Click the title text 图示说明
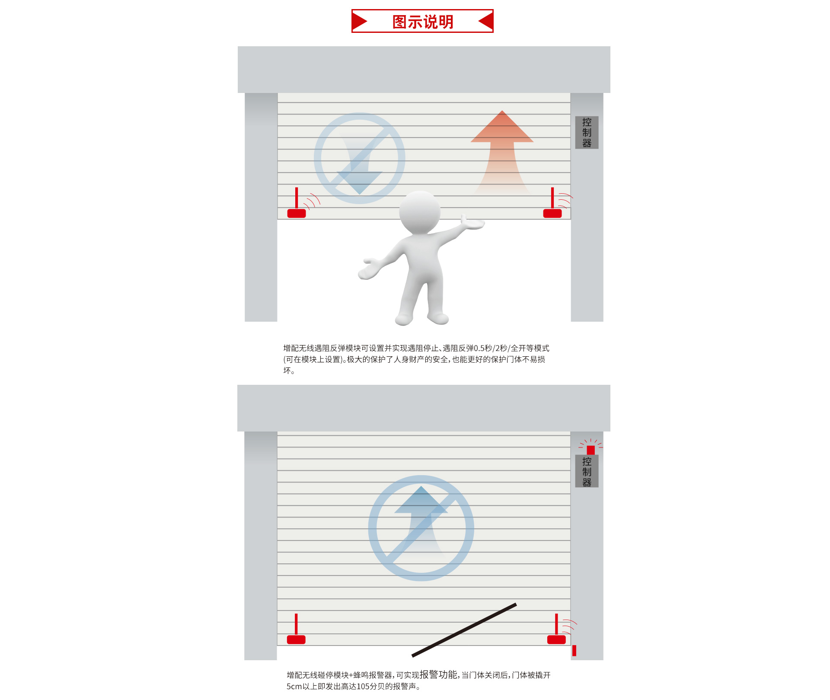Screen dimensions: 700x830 point(422,22)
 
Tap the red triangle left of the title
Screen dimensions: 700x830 point(360,21)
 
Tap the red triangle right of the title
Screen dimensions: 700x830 point(486,21)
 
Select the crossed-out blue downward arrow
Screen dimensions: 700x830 point(359,158)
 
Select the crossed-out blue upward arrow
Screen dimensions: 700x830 point(421,528)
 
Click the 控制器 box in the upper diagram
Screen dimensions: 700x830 point(587,132)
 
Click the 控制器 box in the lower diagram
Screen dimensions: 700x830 point(587,471)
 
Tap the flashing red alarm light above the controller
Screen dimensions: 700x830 point(591,449)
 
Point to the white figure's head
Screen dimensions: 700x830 point(419,212)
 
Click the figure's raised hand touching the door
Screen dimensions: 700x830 point(473,223)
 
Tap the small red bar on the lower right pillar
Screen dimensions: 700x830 point(574,650)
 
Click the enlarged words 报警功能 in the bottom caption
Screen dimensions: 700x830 point(438,674)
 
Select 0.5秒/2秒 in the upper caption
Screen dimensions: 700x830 point(490,348)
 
